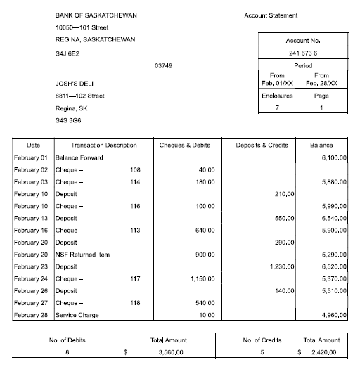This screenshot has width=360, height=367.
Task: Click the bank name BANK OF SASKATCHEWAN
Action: (96, 15)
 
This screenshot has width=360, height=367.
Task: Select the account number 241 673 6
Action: (302, 53)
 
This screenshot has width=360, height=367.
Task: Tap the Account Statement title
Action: (271, 15)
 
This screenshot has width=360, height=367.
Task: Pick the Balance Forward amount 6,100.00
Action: (333, 157)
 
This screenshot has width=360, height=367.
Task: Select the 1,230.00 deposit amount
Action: (281, 266)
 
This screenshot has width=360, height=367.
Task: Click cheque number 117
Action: (135, 278)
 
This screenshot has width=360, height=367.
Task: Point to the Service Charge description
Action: (77, 315)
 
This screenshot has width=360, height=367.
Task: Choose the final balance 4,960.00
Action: (333, 315)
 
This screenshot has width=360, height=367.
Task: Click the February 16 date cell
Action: (30, 230)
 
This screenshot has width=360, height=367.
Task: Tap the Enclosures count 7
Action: (277, 108)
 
